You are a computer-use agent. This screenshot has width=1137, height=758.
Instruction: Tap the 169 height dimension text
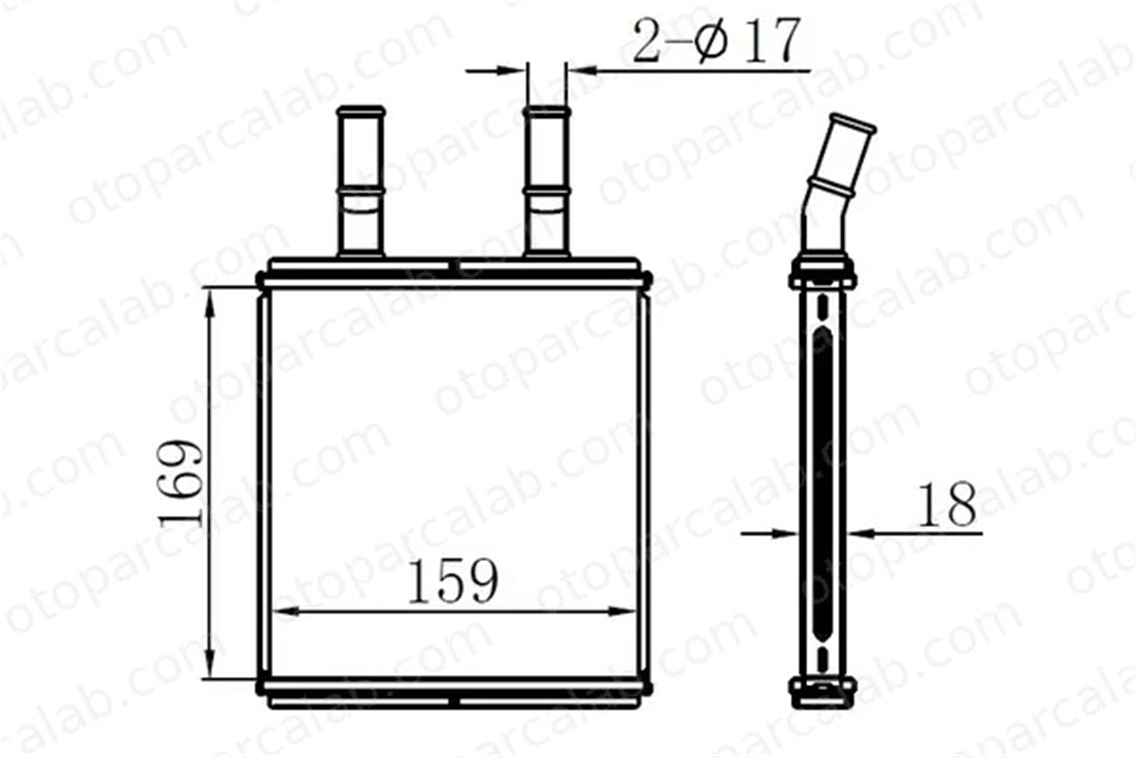181,483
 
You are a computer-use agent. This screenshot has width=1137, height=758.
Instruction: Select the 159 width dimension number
453,581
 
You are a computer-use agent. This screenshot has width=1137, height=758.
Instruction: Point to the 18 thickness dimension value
947,504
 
